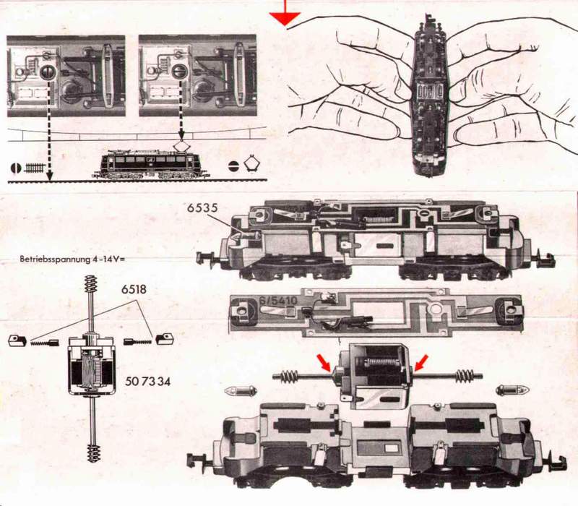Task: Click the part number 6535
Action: tap(202, 208)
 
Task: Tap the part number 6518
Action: tap(134, 289)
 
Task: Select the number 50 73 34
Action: tap(147, 382)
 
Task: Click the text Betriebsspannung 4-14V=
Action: tap(73, 259)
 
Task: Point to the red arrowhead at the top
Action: tap(285, 19)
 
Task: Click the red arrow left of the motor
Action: tap(326, 364)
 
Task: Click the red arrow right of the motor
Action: tap(421, 363)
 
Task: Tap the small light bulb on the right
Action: tap(513, 390)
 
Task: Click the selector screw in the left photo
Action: tap(47, 71)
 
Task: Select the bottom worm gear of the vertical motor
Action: tap(94, 453)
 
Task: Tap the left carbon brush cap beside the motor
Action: tap(17, 340)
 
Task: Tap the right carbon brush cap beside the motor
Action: tap(165, 339)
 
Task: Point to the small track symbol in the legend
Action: tap(35, 168)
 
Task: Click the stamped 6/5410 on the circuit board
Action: tap(278, 300)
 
